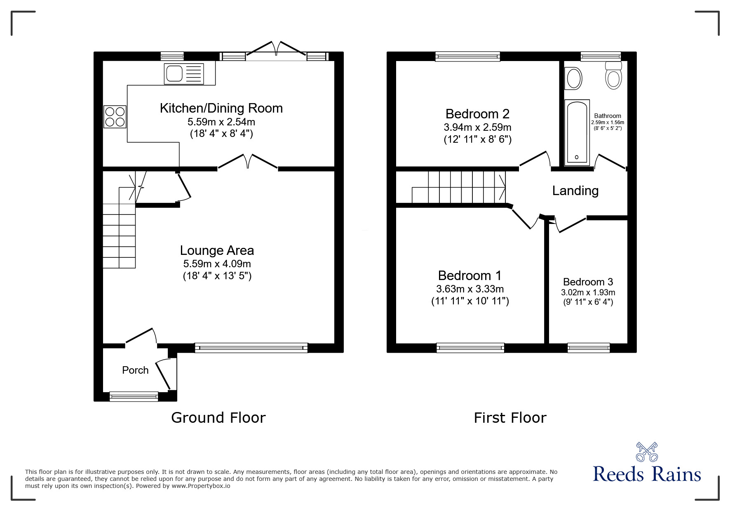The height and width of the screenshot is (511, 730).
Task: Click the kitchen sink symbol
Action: [x=184, y=74]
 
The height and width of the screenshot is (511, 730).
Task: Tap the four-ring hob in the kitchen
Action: [x=115, y=117]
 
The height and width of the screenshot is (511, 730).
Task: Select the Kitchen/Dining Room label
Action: [x=221, y=108]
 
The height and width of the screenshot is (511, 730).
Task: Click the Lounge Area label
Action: [x=217, y=250]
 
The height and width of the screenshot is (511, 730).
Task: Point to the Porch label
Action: [x=135, y=370]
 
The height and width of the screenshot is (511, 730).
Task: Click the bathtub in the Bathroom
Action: [x=577, y=132]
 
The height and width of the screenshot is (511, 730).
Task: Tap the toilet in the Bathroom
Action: [x=613, y=76]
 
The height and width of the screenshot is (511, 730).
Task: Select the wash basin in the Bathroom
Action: [x=573, y=78]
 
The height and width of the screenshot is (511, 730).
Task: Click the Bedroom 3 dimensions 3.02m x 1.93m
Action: [x=588, y=293]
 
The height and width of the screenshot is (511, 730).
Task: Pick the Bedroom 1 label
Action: [x=469, y=276]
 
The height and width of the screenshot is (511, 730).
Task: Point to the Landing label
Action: [x=575, y=191]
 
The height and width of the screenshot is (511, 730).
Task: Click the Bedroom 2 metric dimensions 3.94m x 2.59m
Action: [x=477, y=127]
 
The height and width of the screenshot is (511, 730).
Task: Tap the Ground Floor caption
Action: [x=218, y=418]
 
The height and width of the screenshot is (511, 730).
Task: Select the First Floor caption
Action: [x=510, y=418]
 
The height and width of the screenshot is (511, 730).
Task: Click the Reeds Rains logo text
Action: [x=647, y=474]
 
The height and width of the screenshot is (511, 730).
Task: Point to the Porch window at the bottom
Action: [x=134, y=396]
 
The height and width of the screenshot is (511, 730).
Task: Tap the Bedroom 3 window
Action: [x=588, y=348]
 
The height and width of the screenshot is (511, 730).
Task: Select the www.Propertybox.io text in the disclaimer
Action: [x=201, y=486]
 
